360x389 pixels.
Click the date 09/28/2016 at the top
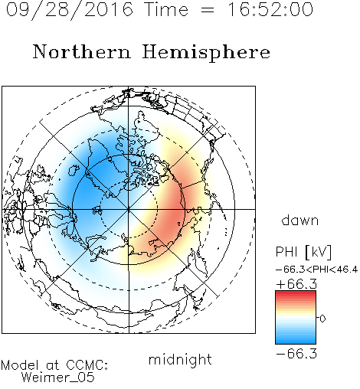[x=70, y=10]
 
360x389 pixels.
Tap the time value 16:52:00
[x=270, y=9]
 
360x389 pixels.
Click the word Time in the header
[x=166, y=9]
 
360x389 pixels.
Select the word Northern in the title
[x=82, y=52]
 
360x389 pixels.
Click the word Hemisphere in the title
[x=206, y=53]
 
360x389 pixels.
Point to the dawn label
[x=300, y=220]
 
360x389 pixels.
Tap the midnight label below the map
[x=180, y=359]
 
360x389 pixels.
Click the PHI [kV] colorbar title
[x=303, y=252]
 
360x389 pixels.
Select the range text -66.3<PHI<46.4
[x=316, y=270]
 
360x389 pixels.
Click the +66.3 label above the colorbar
[x=296, y=284]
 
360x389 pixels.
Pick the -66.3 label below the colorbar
[x=296, y=354]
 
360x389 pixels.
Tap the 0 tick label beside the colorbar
[x=322, y=319]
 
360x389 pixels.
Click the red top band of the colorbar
[x=296, y=293]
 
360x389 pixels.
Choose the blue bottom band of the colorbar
[x=296, y=341]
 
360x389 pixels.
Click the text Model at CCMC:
[x=54, y=365]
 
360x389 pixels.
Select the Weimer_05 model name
[x=58, y=378]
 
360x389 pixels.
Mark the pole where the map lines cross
[x=129, y=209]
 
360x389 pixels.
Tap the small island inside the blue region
[x=74, y=169]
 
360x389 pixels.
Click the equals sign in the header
[x=208, y=10]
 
